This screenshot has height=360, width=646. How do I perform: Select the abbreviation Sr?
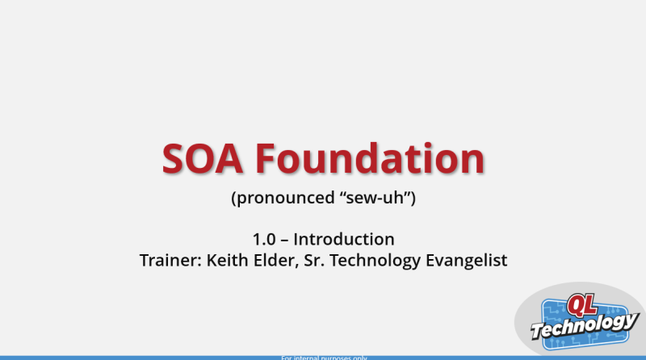(315, 261)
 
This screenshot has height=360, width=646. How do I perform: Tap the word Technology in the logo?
(584, 325)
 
